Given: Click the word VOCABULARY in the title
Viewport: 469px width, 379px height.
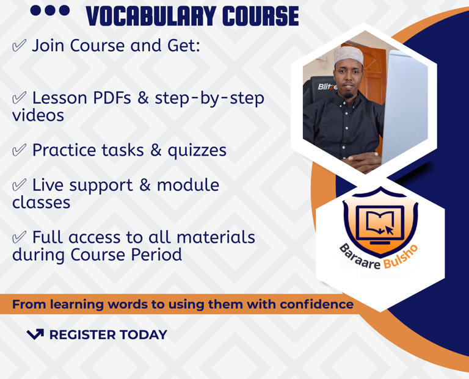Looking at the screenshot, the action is tap(151, 16).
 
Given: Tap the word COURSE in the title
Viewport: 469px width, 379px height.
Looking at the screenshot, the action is tap(261, 16).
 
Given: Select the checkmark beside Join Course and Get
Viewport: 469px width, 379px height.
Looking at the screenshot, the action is tap(19, 46).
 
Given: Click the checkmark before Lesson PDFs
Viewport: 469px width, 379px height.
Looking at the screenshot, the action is tap(19, 98).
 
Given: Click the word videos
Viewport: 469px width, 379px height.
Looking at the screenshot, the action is tap(38, 115).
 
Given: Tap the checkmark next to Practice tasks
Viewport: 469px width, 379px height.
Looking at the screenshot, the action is tap(19, 150).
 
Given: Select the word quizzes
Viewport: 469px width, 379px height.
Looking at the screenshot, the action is tap(197, 151).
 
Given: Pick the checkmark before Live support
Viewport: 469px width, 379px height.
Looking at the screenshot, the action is tap(19, 186).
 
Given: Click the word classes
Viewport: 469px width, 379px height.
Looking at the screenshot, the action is tap(42, 203).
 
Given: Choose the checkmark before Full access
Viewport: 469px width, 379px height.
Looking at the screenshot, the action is tap(19, 237).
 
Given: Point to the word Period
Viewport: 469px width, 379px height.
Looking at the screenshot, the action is tap(156, 254).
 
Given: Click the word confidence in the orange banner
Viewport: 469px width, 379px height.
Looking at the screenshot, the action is tap(317, 305).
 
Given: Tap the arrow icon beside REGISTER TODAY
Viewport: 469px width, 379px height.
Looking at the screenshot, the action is tap(35, 334).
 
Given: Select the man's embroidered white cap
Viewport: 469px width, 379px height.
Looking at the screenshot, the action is tap(348, 55).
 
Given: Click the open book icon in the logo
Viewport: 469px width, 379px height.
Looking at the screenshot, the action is tap(380, 222).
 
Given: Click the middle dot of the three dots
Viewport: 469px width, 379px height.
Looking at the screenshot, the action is tap(50, 11).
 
